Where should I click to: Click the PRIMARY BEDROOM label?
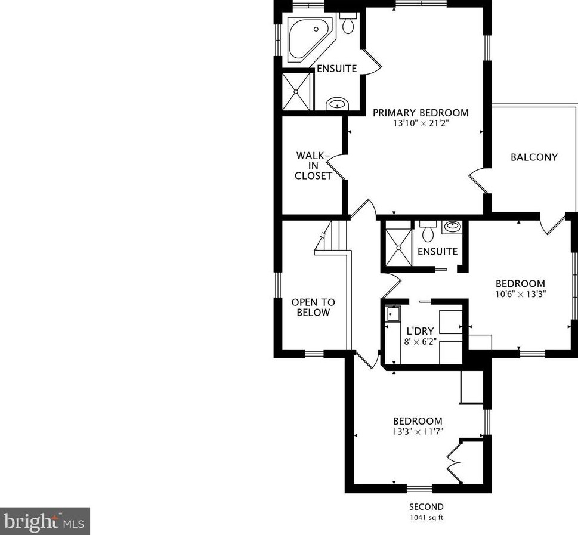click(421, 113)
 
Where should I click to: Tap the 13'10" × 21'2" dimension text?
click(421, 123)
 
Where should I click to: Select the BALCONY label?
click(534, 157)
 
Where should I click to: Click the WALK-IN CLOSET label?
click(313, 166)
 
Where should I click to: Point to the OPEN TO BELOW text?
click(313, 307)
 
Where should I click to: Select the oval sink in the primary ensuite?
click(337, 104)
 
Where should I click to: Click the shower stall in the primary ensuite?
click(296, 91)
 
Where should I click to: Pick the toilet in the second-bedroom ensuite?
click(428, 231)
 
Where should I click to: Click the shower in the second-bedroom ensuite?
click(398, 247)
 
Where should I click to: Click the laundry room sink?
click(391, 314)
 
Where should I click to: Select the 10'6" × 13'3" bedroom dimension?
click(521, 294)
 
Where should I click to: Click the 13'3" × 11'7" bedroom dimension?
click(418, 431)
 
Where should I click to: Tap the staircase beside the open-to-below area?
click(331, 238)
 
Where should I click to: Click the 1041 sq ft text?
click(426, 518)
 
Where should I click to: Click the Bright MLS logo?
click(45, 521)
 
